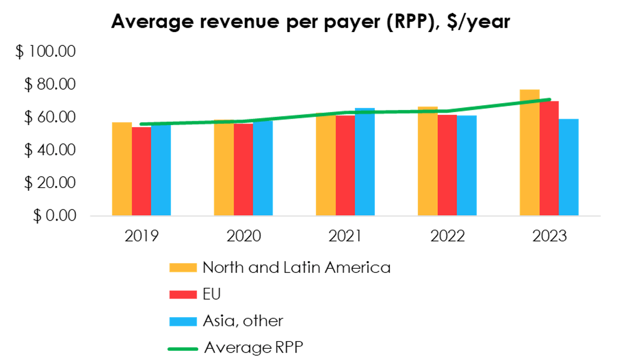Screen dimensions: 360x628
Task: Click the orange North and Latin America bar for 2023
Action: pyautogui.click(x=529, y=155)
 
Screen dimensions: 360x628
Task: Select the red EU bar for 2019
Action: pyautogui.click(x=142, y=171)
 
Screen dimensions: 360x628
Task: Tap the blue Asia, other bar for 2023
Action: pyautogui.click(x=569, y=168)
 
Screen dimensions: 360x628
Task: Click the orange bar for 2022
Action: pyautogui.click(x=428, y=160)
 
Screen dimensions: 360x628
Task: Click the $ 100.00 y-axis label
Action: pyautogui.click(x=47, y=52)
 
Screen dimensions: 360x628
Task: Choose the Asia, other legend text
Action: pyautogui.click(x=243, y=320)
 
